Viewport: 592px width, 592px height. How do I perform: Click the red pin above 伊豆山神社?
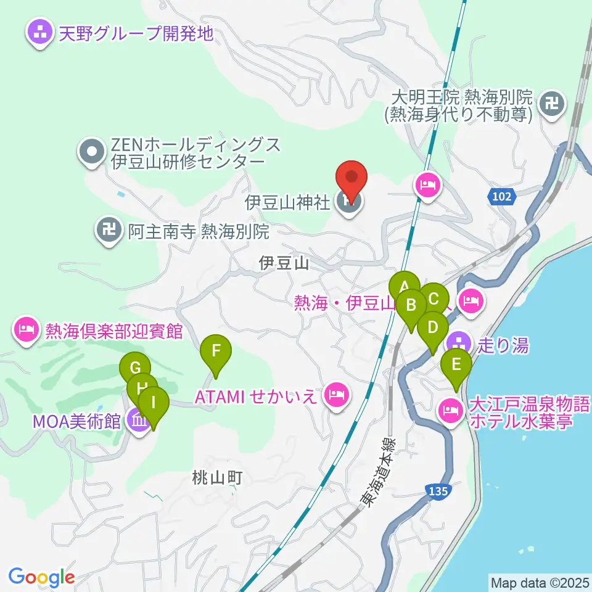(x=351, y=179)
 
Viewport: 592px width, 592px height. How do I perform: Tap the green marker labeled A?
(x=405, y=287)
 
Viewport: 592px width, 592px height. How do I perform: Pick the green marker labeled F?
(x=216, y=351)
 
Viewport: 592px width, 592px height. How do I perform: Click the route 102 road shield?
(x=502, y=197)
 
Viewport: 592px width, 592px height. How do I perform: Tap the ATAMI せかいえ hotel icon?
(x=336, y=393)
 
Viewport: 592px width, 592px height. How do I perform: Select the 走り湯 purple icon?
(x=459, y=342)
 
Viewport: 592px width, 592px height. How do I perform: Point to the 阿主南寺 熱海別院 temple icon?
(x=109, y=231)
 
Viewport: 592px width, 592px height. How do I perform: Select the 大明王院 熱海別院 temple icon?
(x=551, y=103)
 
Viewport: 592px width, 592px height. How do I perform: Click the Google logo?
(x=41, y=577)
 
